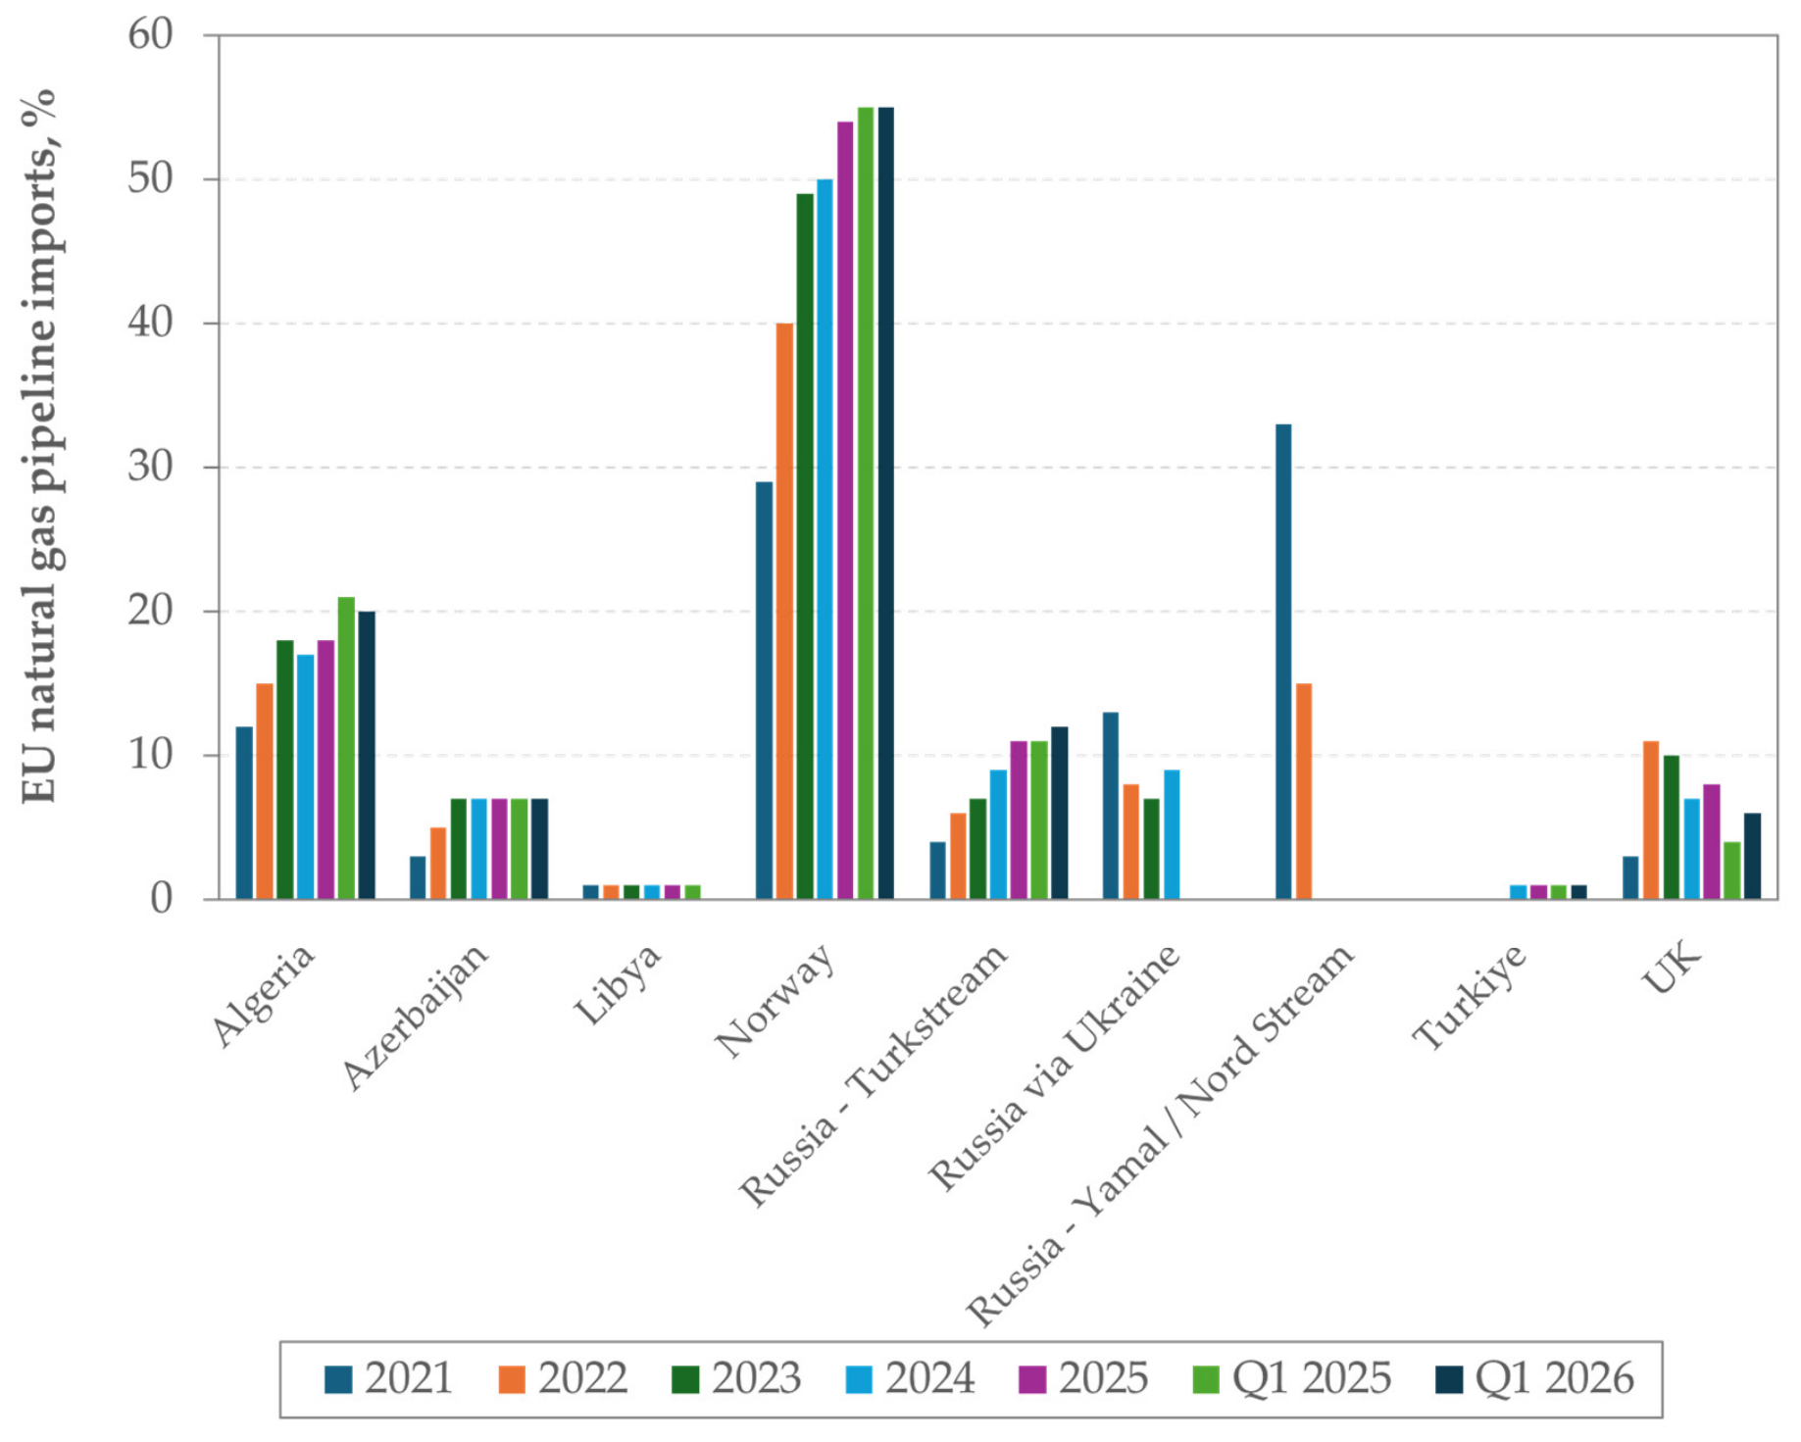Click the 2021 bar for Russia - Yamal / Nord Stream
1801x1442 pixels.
pyautogui.click(x=1283, y=662)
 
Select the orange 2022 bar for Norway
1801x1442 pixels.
pyautogui.click(x=784, y=611)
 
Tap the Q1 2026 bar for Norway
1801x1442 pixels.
pyautogui.click(x=886, y=503)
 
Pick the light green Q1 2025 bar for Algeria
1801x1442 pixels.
pyautogui.click(x=346, y=748)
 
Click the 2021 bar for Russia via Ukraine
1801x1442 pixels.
pyautogui.click(x=1111, y=806)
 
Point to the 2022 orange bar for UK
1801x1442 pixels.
pyautogui.click(x=1651, y=820)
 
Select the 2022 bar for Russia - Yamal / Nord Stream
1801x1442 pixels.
pyautogui.click(x=1304, y=791)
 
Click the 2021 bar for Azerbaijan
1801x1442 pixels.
pyautogui.click(x=418, y=877)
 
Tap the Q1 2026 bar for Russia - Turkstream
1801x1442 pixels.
pyautogui.click(x=1060, y=813)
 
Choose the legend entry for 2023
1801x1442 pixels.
pyautogui.click(x=736, y=1378)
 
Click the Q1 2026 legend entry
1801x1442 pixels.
pyautogui.click(x=1534, y=1378)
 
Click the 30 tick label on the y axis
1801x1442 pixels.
pyautogui.click(x=150, y=468)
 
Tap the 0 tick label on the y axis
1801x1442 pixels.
pyautogui.click(x=162, y=899)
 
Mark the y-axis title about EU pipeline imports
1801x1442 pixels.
pyautogui.click(x=39, y=446)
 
